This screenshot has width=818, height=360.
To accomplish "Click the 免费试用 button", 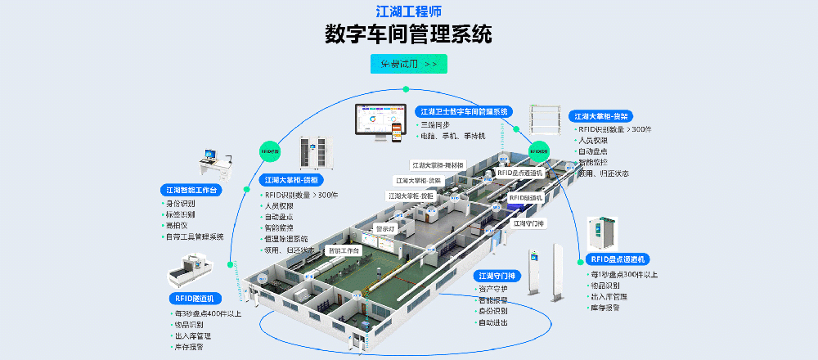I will point(408,64).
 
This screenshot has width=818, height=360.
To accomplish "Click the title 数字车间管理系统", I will point(408,34).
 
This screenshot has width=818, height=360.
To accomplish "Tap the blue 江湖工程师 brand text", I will point(408,11).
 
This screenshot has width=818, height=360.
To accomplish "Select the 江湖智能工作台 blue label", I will point(191,190).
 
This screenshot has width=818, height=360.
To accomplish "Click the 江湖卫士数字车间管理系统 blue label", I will point(464,110).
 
